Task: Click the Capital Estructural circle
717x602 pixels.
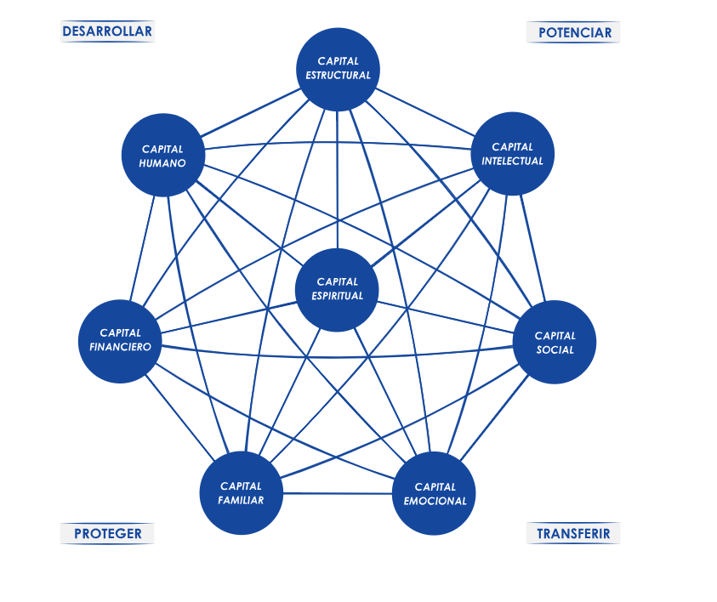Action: coord(338,68)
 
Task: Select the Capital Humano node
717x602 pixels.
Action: coord(162,156)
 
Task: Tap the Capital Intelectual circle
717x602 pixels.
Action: coord(512,154)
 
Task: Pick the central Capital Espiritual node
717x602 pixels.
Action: coord(337,289)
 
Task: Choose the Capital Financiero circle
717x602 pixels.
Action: coord(120,340)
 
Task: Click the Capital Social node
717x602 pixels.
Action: coord(555,343)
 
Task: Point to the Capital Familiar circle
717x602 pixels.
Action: coord(241,493)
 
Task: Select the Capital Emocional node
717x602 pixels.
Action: coord(435,494)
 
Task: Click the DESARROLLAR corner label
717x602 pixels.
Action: coord(107,31)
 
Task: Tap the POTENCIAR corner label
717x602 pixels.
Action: coord(574,32)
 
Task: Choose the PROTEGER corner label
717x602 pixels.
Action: coord(107,534)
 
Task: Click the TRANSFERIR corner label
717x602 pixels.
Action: coord(574,534)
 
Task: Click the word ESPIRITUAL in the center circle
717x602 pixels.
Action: coord(337,296)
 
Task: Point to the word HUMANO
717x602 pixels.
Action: coord(162,163)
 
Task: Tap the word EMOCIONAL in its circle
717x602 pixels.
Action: coord(435,502)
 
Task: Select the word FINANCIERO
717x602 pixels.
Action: coord(120,347)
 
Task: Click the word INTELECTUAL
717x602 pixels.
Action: coord(512,162)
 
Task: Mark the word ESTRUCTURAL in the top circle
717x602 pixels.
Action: coord(338,75)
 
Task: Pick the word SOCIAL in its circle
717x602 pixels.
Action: coord(555,349)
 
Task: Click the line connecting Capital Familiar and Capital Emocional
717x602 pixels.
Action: coord(338,493)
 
